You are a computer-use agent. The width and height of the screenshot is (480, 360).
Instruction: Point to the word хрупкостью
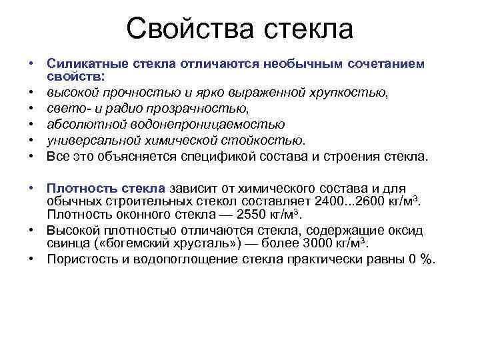(345, 92)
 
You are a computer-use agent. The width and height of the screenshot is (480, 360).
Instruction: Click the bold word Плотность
(77, 189)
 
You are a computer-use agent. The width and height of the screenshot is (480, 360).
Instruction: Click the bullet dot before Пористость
(31, 259)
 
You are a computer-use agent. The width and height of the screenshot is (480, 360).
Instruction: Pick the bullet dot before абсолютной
(31, 124)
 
